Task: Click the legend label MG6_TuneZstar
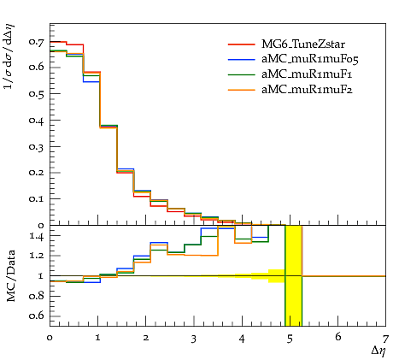[303, 44]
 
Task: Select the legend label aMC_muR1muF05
[310, 59]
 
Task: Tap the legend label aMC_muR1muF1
[307, 74]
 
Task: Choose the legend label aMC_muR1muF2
[307, 90]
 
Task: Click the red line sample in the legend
[242, 44]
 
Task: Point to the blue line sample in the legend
[242, 59]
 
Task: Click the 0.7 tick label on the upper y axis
[37, 42]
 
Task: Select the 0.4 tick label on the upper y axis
[37, 121]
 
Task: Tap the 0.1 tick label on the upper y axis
[37, 198]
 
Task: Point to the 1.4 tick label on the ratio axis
[37, 236]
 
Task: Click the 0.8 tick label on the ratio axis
[37, 296]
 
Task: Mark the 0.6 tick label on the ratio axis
[37, 316]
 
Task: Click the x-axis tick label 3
[194, 339]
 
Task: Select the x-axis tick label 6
[338, 337]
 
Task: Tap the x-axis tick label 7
[385, 339]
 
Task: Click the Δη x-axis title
[378, 351]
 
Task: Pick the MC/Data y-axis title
[10, 275]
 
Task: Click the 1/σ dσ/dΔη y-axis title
[9, 56]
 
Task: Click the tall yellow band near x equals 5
[294, 275]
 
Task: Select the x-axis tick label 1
[98, 338]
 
